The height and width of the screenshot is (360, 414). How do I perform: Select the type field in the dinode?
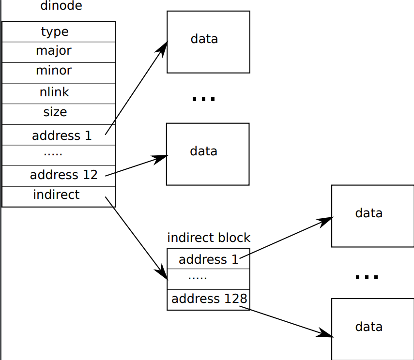coord(55,32)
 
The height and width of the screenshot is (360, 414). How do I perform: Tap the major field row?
coord(54,51)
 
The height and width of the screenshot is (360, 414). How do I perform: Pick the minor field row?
coord(54,71)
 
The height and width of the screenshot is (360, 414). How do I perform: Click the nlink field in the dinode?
coord(55,92)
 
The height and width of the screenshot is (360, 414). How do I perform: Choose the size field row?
coord(55,112)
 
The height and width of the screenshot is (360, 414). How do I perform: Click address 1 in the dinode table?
coord(61,135)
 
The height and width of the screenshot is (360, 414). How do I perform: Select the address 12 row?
coord(63,175)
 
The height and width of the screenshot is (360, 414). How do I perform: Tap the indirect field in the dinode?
coord(56,195)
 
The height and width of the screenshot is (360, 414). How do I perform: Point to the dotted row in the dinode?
coord(53,154)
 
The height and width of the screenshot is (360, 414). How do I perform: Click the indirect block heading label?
coord(209,238)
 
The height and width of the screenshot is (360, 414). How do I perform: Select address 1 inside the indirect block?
coord(209,260)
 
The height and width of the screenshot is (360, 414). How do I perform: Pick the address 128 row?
coord(209,299)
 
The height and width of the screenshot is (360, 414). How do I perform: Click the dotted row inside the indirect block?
coord(198,278)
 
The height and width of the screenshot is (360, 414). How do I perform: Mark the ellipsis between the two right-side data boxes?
coord(367,277)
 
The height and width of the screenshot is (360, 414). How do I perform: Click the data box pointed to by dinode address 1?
coord(208,42)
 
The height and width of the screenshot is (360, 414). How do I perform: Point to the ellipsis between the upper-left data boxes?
coord(203,99)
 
